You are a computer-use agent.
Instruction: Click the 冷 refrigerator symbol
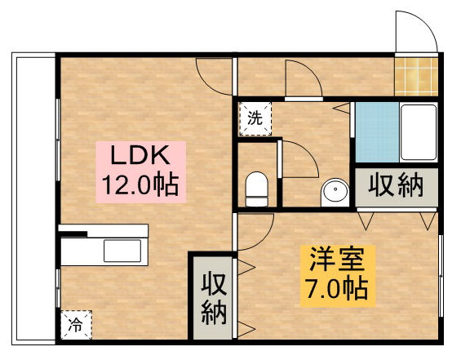click(x=76, y=325)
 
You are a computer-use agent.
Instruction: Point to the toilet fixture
click(x=257, y=189)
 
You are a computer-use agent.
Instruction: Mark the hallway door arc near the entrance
click(x=302, y=78)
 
